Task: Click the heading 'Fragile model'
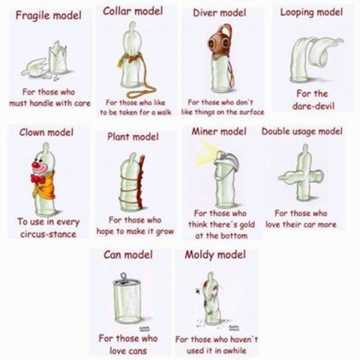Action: [49, 16]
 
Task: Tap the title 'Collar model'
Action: [133, 11]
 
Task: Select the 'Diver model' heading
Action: [220, 13]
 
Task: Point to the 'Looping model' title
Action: [311, 13]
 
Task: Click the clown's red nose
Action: [35, 164]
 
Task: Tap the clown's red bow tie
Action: [37, 179]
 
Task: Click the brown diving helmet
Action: [218, 43]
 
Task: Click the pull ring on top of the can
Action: [124, 277]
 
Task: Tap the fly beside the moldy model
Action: [197, 291]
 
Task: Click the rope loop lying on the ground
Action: [140, 92]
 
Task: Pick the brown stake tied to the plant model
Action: [140, 181]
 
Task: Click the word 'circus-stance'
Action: [48, 235]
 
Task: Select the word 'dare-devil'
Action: [313, 106]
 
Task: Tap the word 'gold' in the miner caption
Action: [247, 224]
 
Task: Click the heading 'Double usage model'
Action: [302, 131]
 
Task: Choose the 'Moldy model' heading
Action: [215, 255]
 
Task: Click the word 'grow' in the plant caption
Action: [165, 232]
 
